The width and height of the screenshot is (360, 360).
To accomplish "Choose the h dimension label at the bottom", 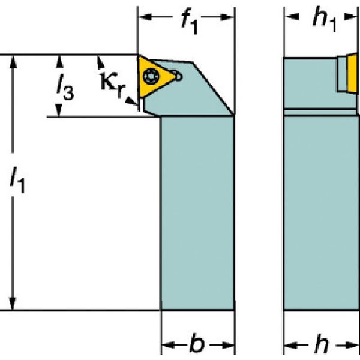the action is tap(322, 344).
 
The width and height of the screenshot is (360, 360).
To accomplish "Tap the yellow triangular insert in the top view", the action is tap(154, 76).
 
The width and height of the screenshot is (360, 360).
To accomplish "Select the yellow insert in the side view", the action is tap(352, 73).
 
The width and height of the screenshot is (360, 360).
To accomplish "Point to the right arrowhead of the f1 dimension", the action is tap(227, 17).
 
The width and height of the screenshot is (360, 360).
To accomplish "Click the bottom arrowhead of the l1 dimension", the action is tap(13, 303).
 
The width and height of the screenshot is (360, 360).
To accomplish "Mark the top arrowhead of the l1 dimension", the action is tap(13, 62).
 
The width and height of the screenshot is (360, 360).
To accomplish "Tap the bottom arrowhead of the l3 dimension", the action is tap(59, 110).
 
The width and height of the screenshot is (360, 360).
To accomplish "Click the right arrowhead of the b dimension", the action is tap(227, 345).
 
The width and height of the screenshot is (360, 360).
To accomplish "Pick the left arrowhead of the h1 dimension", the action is tap(292, 17).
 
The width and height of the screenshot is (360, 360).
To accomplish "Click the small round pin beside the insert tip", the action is tap(178, 76).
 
